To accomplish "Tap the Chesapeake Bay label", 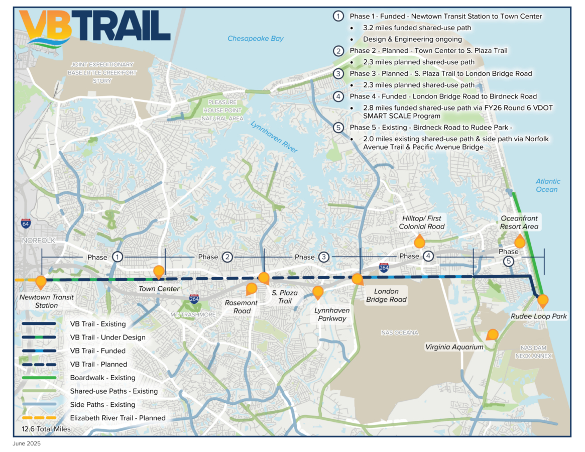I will [255, 39].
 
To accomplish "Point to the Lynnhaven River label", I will [274, 137].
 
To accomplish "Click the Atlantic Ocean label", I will [547, 185].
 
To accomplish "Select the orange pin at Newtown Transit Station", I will [41, 282].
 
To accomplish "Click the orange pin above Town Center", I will [159, 271].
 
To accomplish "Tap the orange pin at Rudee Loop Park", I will [542, 301].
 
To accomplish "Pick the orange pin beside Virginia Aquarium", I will [493, 334].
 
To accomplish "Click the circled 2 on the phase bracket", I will [227, 257].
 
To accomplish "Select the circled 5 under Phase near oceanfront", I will [509, 261].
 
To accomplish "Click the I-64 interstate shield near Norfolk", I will [25, 223].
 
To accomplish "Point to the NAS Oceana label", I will [400, 332].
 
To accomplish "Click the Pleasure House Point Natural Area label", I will [222, 110].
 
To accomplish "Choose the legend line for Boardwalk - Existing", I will [43, 378].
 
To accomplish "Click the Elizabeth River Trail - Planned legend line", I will [43, 418].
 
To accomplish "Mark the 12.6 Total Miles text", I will [46, 429].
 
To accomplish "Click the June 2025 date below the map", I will [27, 444].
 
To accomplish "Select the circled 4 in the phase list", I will [339, 96].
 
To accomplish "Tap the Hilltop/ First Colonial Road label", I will [422, 222].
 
